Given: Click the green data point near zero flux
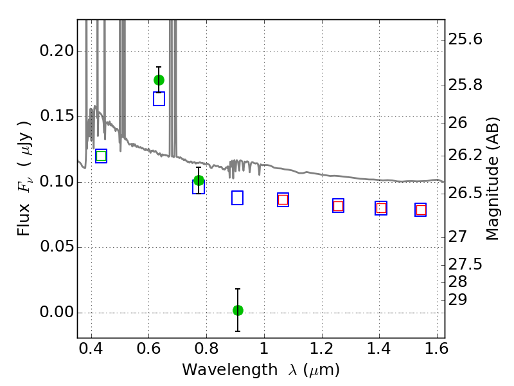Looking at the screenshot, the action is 238,310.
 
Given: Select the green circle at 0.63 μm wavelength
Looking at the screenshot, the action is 159,80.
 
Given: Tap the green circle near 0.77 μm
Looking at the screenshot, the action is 199,180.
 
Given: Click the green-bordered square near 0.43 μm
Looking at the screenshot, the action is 102,156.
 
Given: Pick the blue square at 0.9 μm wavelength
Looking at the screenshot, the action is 237,198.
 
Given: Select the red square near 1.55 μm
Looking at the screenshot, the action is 421,210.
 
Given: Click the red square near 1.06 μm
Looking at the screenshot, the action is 283,199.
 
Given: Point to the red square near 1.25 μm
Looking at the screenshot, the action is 339,206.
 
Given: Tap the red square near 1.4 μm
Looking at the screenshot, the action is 381,208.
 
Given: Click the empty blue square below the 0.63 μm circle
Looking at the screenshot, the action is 159,99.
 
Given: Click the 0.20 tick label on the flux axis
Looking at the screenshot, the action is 57,51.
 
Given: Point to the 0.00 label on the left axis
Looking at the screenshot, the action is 57,312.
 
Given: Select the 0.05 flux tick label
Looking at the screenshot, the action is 57,246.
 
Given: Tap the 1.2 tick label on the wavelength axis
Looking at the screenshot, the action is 322,349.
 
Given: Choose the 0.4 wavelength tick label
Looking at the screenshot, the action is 91,349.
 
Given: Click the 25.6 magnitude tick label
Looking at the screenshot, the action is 465,40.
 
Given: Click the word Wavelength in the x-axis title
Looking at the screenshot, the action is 230,370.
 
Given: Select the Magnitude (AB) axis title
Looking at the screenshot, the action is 492,179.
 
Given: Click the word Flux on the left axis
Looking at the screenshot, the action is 24,219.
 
